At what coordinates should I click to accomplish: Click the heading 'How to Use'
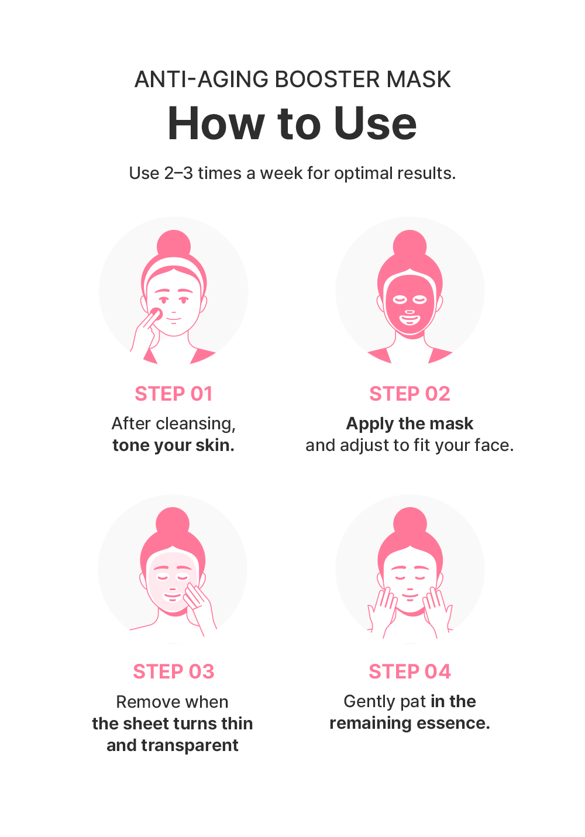(x=292, y=123)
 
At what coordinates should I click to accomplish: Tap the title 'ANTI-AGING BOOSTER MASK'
(x=292, y=79)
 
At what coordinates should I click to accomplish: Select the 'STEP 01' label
(x=174, y=394)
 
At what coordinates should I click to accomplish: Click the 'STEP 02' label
(x=409, y=394)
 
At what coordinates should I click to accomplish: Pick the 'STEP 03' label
(x=174, y=671)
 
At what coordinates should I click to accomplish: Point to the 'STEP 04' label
(x=409, y=671)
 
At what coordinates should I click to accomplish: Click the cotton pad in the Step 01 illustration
(x=156, y=314)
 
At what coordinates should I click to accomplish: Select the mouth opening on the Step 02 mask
(x=409, y=320)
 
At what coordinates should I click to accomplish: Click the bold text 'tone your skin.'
(x=173, y=445)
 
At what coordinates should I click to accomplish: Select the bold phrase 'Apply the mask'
(x=409, y=423)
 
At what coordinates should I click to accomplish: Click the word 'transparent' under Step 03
(x=190, y=746)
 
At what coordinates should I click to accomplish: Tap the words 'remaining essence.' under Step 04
(x=409, y=724)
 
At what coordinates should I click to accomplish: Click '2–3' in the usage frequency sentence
(x=178, y=173)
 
